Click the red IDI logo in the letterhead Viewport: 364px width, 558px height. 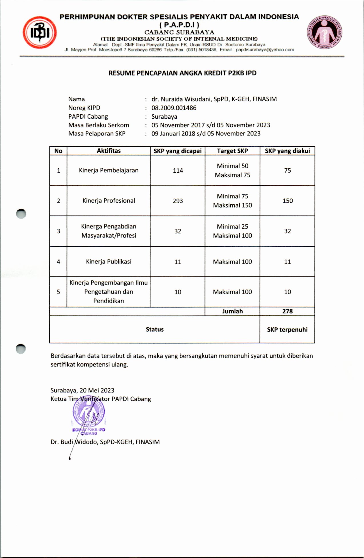(x=40, y=34)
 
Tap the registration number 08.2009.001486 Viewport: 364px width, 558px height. (x=174, y=108)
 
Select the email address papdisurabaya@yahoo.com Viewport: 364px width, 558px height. (x=265, y=50)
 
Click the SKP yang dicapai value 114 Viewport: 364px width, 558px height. (x=178, y=171)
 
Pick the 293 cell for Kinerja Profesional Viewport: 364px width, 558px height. (x=178, y=201)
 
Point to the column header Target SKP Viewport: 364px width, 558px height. (x=232, y=151)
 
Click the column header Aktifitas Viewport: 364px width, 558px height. (x=109, y=151)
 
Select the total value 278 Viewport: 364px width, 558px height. (x=287, y=311)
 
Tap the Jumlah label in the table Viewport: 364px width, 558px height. (x=232, y=311)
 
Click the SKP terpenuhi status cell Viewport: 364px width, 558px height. (x=287, y=330)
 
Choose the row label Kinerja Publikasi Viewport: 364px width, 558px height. (x=109, y=262)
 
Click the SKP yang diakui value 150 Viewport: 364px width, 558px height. (x=287, y=201)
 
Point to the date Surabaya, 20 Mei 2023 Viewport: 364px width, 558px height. (x=82, y=390)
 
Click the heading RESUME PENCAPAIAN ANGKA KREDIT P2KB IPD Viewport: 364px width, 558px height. (x=182, y=73)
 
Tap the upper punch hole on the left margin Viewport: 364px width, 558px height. (x=21, y=214)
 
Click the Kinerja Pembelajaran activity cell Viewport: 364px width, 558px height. (x=109, y=171)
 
